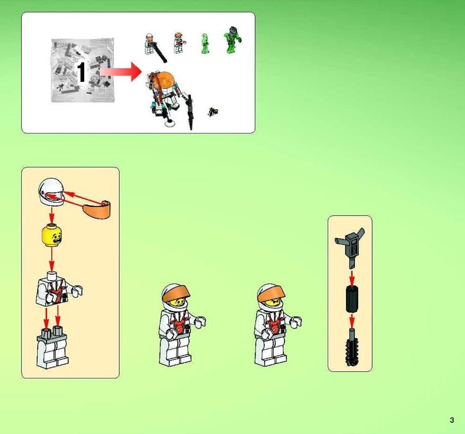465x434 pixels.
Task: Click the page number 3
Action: pos(453,420)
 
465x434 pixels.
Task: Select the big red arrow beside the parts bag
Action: pos(119,72)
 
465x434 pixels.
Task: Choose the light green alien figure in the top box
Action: pos(205,43)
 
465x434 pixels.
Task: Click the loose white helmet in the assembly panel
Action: pos(51,192)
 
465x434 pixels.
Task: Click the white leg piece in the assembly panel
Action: pos(51,350)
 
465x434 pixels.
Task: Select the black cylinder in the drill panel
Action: pos(351,300)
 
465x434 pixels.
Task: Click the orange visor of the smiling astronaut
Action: pos(174,291)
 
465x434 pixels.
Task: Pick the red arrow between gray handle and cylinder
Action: pos(351,276)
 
